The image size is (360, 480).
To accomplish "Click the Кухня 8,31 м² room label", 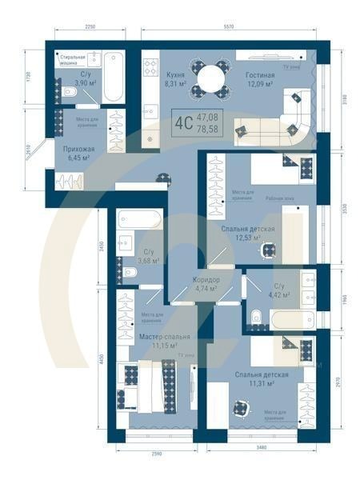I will (x=175, y=78).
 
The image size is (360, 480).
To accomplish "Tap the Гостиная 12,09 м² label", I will (x=260, y=78).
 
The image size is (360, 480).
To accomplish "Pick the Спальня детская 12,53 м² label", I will (x=248, y=233).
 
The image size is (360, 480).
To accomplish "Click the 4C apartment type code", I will (x=183, y=122).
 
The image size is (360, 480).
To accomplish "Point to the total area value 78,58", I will (x=207, y=128).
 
